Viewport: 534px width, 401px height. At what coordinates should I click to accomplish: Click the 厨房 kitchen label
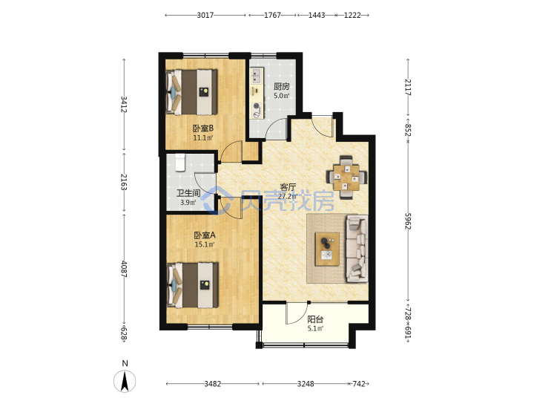[x=282, y=87]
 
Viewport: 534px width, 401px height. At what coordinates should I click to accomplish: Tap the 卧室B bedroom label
[x=203, y=128]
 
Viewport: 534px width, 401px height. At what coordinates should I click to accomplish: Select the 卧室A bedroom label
[x=205, y=235]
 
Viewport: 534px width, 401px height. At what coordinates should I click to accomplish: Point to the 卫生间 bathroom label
[x=188, y=193]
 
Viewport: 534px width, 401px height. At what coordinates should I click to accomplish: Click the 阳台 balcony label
[x=315, y=319]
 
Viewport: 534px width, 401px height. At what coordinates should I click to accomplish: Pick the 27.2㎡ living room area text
[x=288, y=196]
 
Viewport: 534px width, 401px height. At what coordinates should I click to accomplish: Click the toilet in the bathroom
[x=179, y=163]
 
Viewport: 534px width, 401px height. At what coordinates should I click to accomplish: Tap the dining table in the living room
[x=346, y=177]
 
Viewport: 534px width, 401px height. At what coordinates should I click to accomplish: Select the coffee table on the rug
[x=327, y=249]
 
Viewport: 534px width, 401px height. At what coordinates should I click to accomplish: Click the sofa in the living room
[x=357, y=249]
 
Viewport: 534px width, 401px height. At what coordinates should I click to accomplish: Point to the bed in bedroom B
[x=191, y=92]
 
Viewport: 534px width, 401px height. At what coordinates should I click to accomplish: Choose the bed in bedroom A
[x=192, y=285]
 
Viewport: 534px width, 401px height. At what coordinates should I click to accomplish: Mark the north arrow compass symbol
[x=125, y=381]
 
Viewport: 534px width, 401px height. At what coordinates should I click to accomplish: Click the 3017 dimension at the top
[x=205, y=15]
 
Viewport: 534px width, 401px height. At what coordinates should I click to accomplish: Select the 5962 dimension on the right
[x=408, y=221]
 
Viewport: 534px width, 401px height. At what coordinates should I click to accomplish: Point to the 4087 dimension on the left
[x=124, y=269]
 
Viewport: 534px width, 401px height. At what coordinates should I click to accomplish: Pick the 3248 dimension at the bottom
[x=306, y=384]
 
